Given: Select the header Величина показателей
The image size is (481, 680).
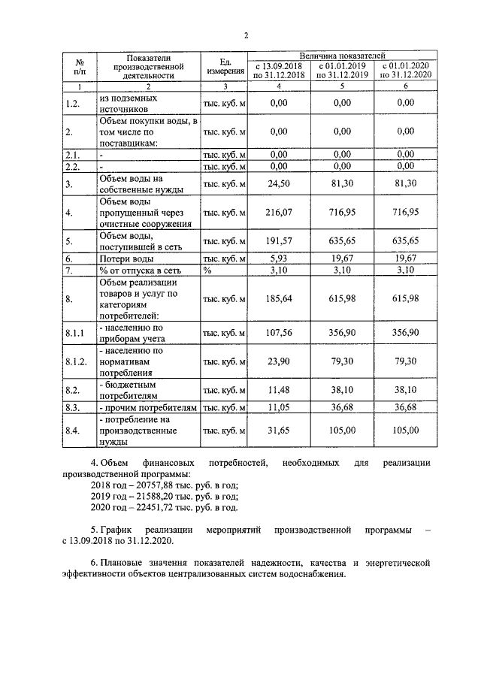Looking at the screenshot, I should coord(342,56).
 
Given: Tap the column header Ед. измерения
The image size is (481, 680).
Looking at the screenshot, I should coord(225,66).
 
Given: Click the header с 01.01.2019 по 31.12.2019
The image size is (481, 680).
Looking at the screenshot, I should coord(342,71).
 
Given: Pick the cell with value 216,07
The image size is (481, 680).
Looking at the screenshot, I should coord(279,213).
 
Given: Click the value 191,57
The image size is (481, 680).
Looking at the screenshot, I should coord(279,241).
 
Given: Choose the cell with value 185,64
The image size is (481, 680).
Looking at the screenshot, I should coord(279,298).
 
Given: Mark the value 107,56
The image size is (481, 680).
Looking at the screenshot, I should coord(279,332).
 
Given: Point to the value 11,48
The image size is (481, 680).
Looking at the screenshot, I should coord(279,390).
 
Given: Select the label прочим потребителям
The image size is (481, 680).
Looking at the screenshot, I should coord(150,407).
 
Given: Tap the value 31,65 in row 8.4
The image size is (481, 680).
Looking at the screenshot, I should coord(279,431).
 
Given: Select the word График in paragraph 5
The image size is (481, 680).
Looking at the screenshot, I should coord(116,530).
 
